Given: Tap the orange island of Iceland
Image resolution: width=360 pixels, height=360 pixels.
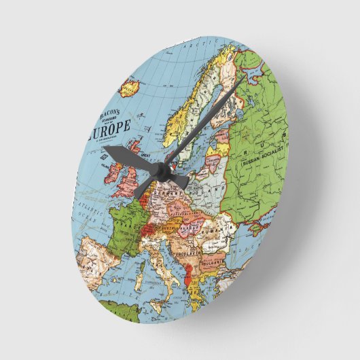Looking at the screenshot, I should (x=130, y=88).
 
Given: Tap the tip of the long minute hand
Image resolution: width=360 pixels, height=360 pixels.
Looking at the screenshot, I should (x=242, y=78).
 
